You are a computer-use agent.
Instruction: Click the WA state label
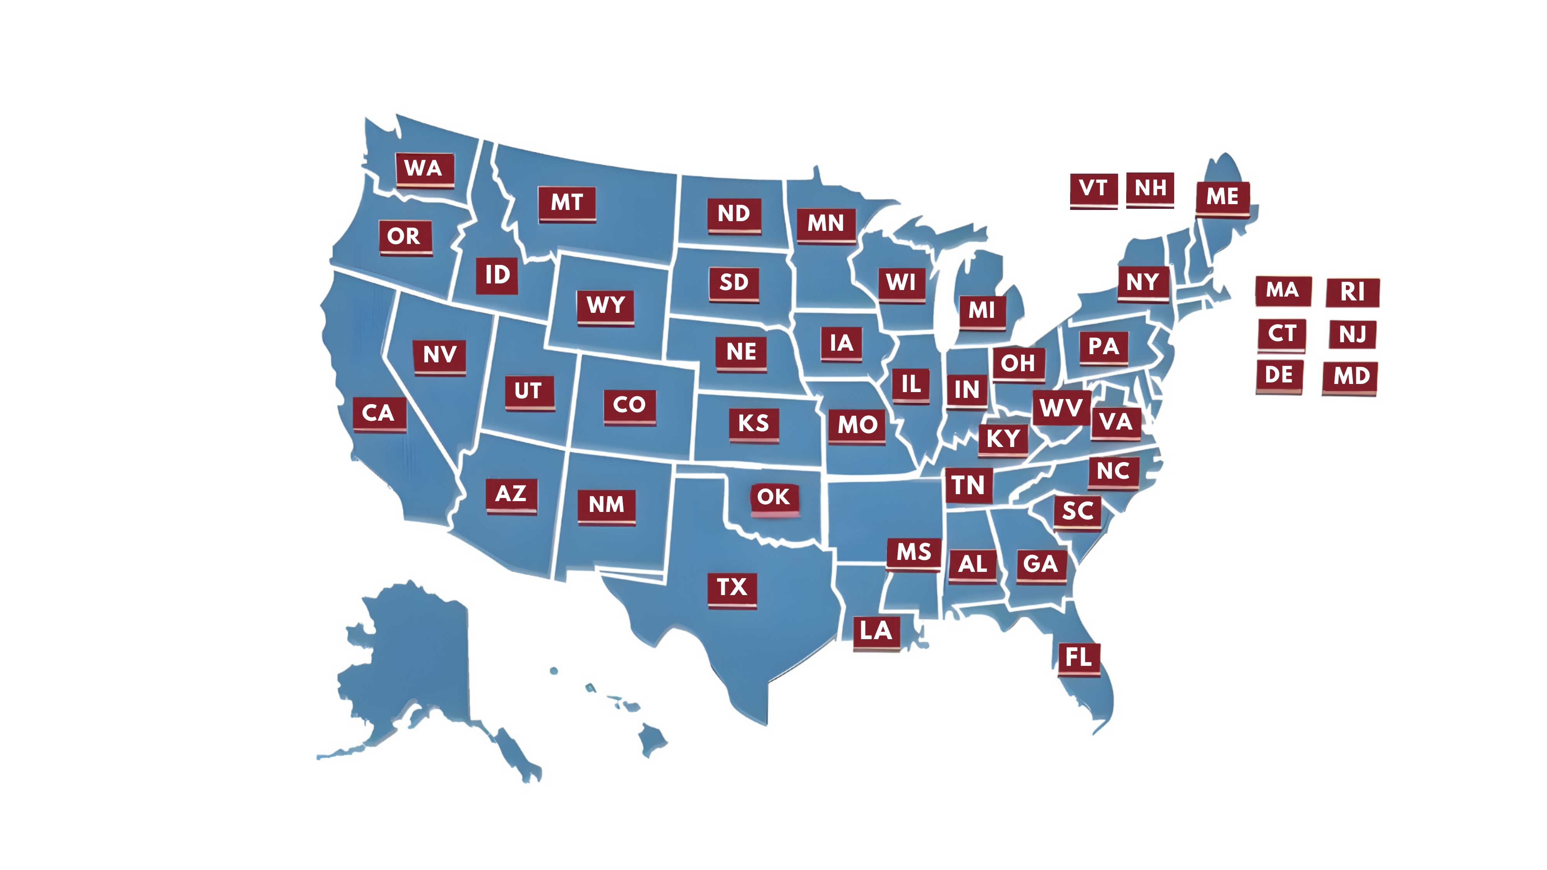424,169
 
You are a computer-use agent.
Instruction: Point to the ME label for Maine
1222,197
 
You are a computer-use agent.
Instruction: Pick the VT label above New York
1093,189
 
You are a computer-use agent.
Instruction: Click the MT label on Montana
567,203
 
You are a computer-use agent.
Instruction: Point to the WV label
1061,408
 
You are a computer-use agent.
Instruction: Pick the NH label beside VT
1149,189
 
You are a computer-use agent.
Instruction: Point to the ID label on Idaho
497,276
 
